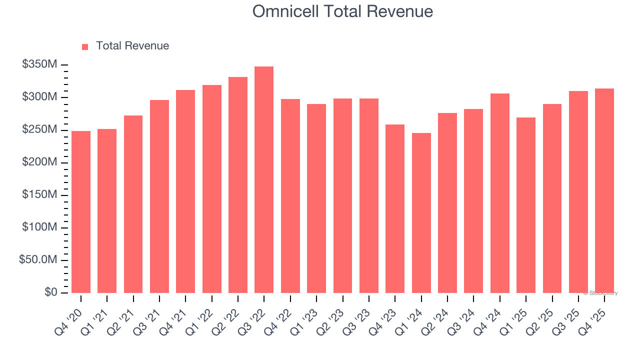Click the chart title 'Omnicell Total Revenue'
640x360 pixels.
(342, 11)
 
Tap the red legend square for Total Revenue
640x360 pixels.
(85, 46)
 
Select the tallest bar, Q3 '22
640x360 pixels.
(264, 180)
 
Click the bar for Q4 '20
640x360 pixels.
(81, 212)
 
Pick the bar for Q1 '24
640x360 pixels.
(421, 213)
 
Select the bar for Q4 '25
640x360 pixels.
(604, 190)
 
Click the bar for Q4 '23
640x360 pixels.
(395, 208)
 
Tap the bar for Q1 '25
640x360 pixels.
(526, 205)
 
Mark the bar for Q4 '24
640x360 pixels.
(499, 193)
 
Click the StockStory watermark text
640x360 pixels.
(600, 293)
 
